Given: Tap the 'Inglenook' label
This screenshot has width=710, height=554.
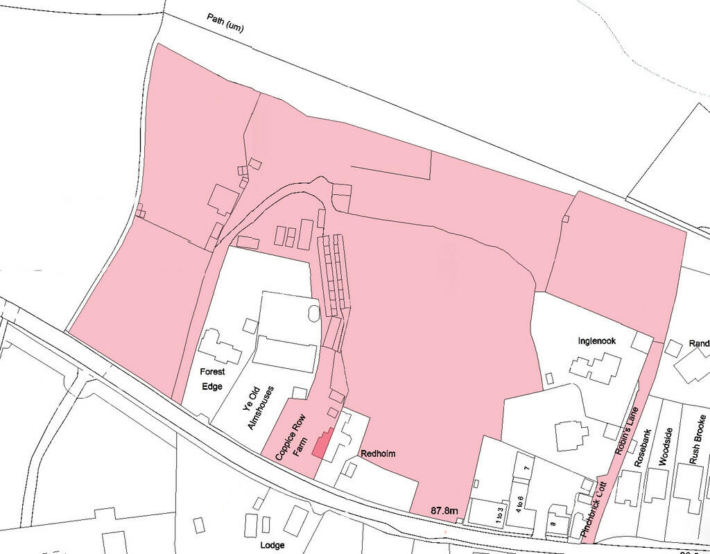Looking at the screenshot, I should tap(597, 341).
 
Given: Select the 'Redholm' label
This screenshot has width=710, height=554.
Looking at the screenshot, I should tap(378, 453).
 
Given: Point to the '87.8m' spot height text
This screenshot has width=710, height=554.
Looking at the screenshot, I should tap(444, 511).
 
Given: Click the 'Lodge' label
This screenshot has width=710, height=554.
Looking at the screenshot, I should tap(272, 545).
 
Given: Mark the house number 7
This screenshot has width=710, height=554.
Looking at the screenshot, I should tap(526, 469).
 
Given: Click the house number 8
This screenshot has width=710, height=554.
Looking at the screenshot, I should tap(552, 523).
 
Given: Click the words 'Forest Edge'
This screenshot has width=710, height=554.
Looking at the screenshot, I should tap(213, 379).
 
